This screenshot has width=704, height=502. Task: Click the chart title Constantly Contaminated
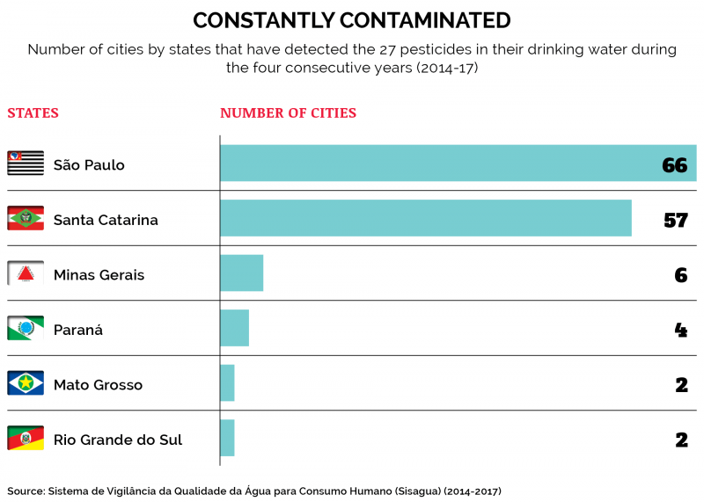[351, 20]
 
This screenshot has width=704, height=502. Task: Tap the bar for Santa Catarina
[426, 218]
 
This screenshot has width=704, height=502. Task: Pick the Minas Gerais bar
[242, 273]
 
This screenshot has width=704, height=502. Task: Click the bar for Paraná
[235, 328]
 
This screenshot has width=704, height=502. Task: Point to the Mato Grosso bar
[228, 383]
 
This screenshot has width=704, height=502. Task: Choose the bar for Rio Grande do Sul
[228, 438]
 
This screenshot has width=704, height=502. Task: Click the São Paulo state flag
[26, 164]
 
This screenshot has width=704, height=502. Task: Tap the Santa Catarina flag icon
[26, 218]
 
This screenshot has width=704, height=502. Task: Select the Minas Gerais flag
[26, 273]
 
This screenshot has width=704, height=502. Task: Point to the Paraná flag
[26, 328]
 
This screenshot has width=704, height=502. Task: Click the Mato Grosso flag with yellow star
[26, 383]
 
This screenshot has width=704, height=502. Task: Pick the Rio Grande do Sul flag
[26, 438]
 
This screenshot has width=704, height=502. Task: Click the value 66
[674, 165]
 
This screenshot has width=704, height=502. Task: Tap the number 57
[675, 220]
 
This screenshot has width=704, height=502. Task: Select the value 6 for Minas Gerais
[680, 275]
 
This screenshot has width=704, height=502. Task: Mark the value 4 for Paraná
[680, 330]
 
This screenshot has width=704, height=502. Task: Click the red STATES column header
[33, 113]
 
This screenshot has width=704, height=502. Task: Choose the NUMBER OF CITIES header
[288, 113]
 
